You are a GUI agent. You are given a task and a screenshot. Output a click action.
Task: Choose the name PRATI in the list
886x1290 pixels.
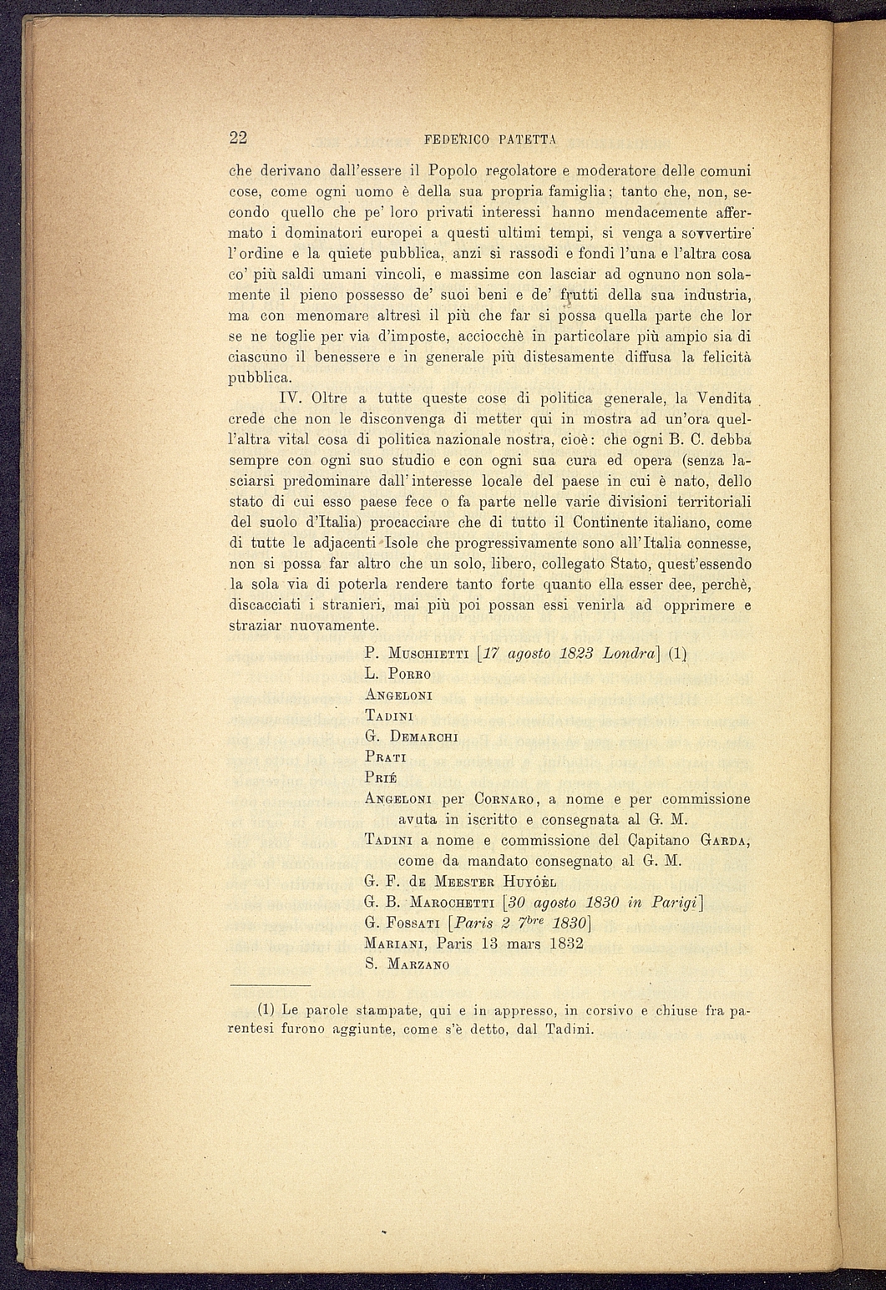pyautogui.click(x=386, y=757)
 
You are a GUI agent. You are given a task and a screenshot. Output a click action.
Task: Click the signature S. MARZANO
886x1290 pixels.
pyautogui.click(x=408, y=964)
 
